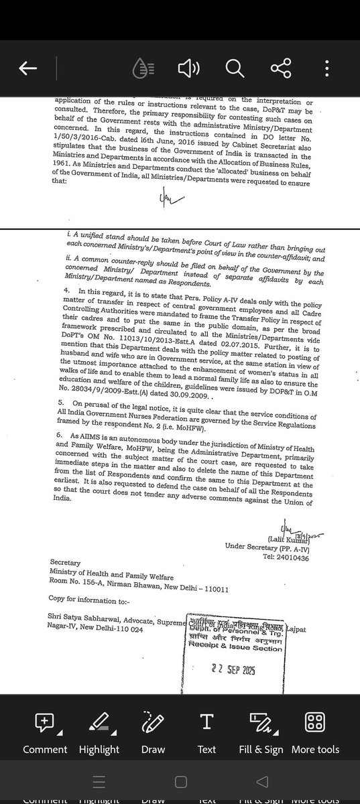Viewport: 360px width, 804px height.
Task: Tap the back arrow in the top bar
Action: click(x=27, y=69)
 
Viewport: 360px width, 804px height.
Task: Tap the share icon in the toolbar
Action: click(x=279, y=68)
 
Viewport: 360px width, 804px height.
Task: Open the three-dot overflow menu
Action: click(x=326, y=68)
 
